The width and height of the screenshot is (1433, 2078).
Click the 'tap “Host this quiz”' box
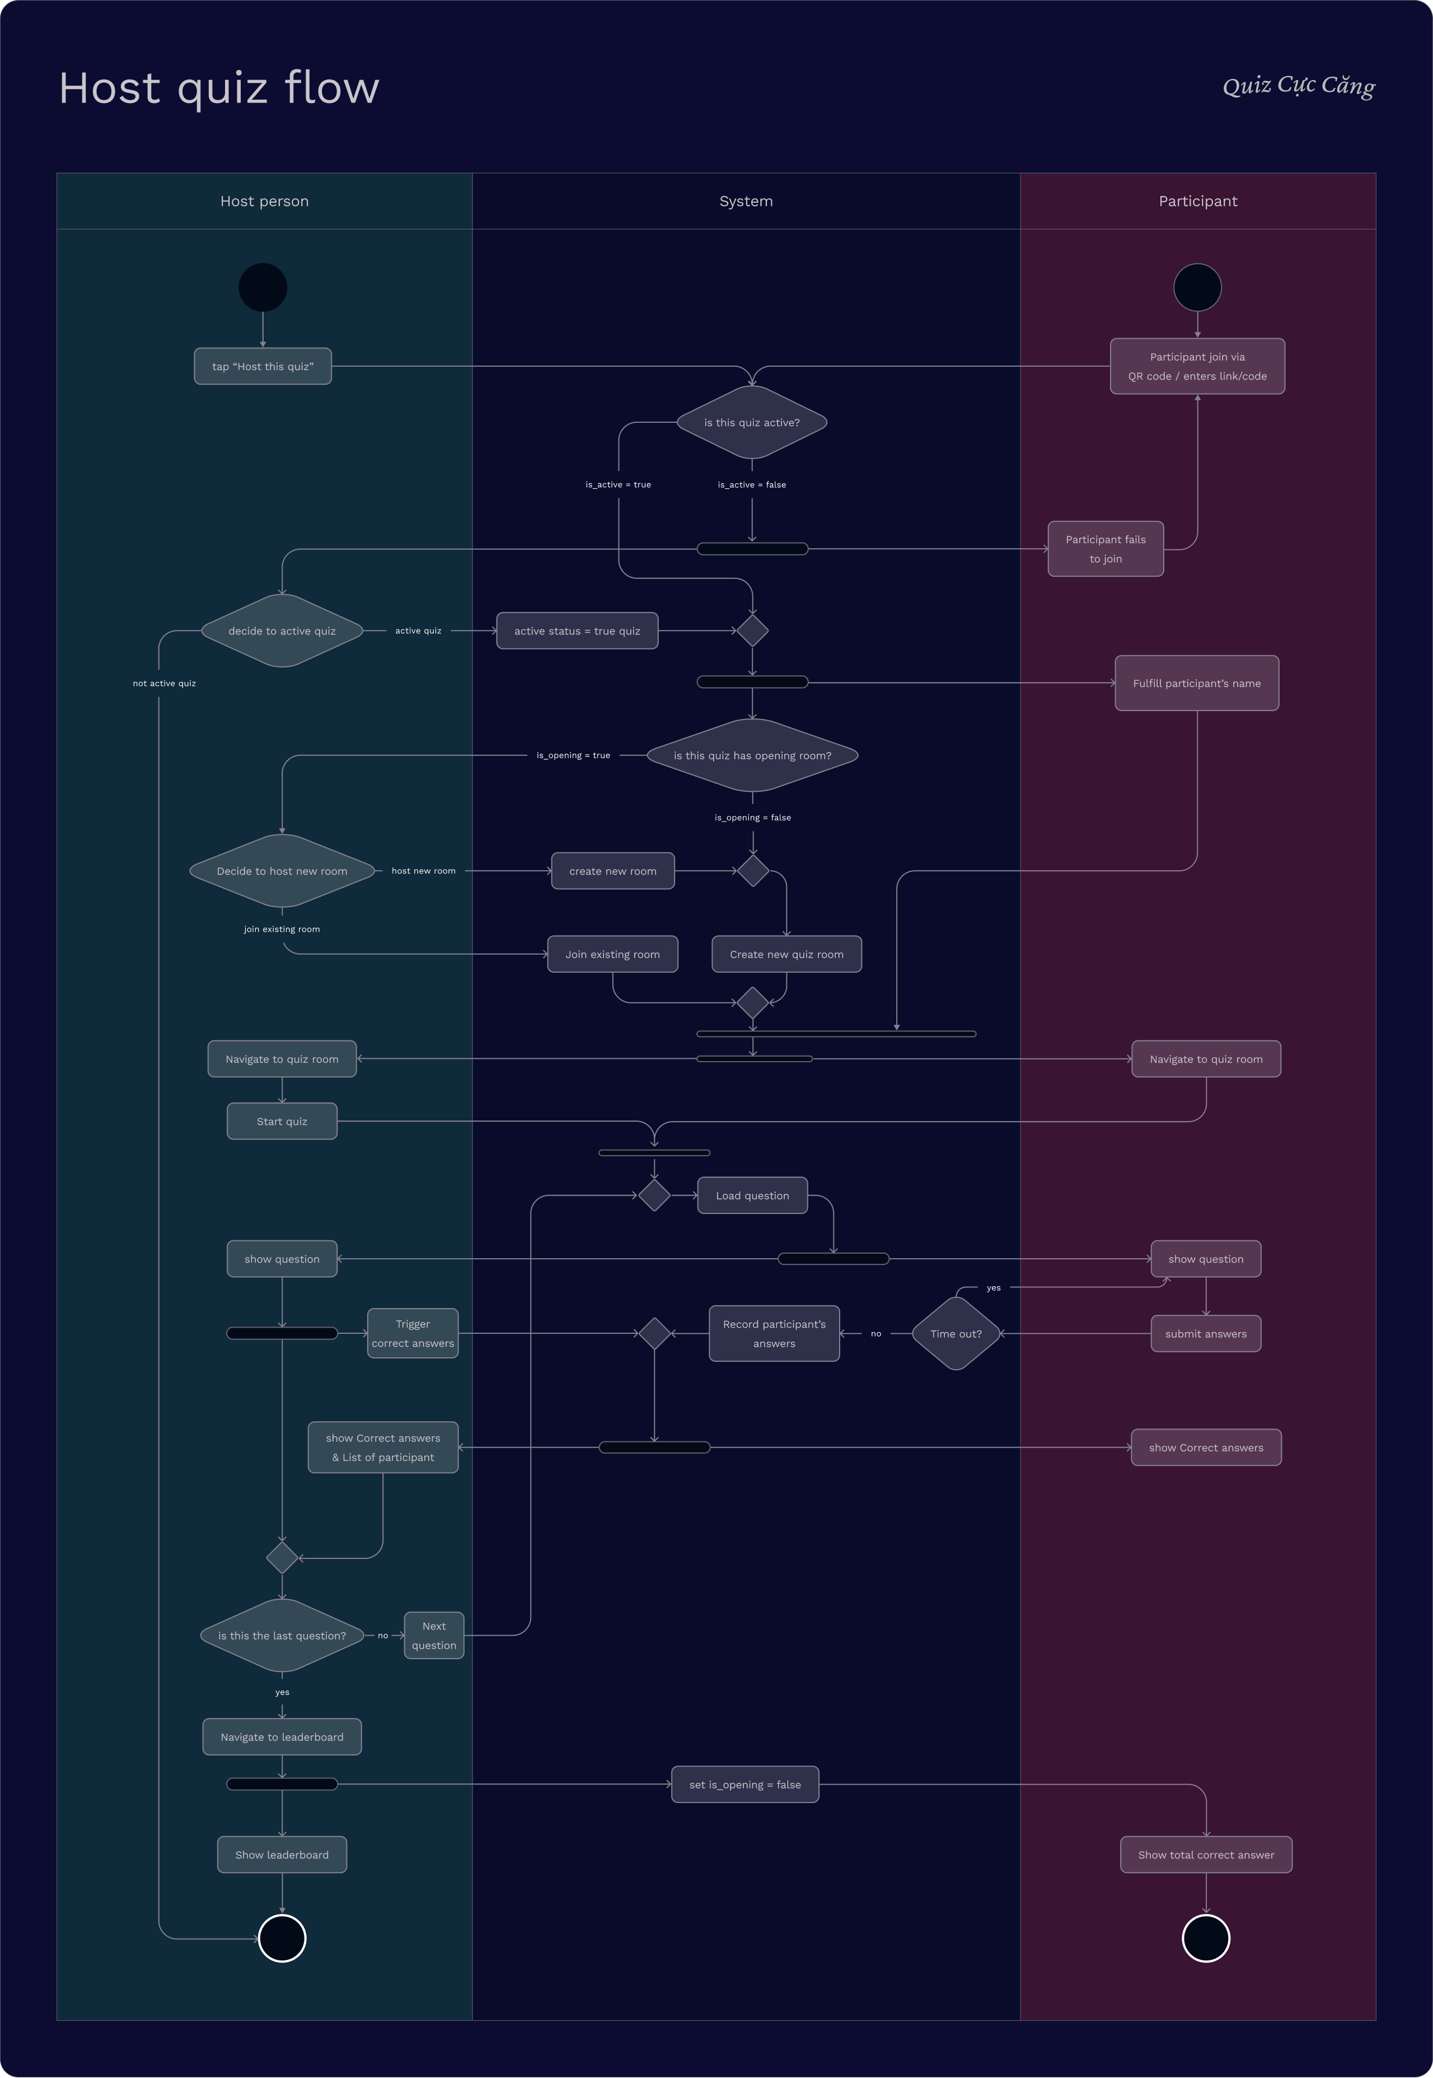262,366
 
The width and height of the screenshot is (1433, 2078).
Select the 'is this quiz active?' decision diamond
752,422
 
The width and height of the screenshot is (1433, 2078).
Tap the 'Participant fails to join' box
1106,549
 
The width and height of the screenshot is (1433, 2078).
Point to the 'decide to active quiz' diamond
282,631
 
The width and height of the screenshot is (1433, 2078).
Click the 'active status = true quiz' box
577,631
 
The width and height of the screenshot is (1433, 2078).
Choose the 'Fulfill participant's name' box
1196,683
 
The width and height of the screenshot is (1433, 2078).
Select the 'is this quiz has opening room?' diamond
752,755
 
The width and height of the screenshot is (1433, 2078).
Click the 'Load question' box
752,1196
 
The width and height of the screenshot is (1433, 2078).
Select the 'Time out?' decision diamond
956,1334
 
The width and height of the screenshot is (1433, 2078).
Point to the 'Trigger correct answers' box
413,1334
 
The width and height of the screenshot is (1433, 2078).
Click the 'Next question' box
434,1635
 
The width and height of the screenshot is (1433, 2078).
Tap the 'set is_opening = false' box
745,1785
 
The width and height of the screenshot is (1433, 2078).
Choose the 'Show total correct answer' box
1206,1855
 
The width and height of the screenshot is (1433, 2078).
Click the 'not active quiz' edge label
165,683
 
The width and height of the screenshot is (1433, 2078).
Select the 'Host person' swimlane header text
265,201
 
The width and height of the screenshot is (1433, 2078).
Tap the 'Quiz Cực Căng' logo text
1298,86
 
